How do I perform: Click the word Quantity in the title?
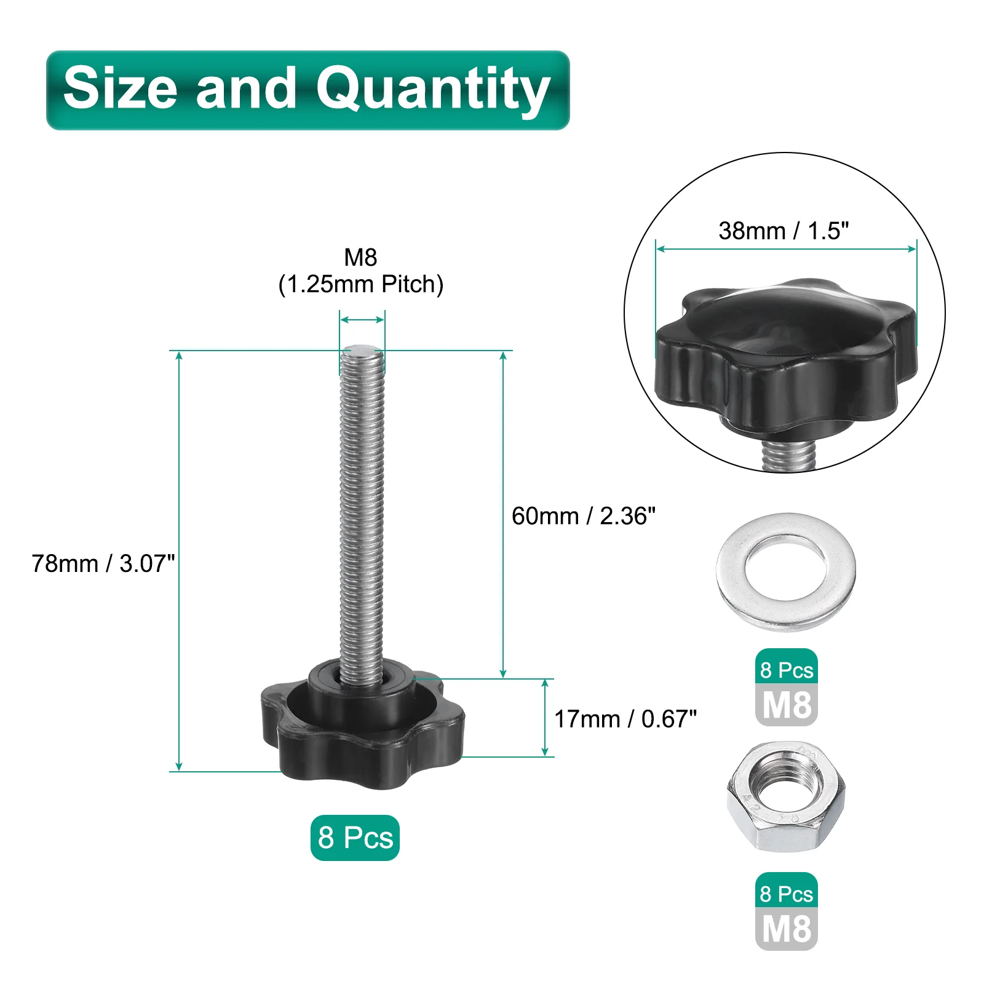pos(433,90)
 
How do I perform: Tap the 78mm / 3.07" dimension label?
pos(103,563)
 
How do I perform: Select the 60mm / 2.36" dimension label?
pos(584,516)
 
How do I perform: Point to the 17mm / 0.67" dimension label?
pos(625,718)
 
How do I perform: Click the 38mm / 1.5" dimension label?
pos(784,231)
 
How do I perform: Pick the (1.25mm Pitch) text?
pos(361,284)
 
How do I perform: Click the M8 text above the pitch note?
pos(360,257)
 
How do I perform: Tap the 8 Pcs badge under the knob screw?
pos(355,838)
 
